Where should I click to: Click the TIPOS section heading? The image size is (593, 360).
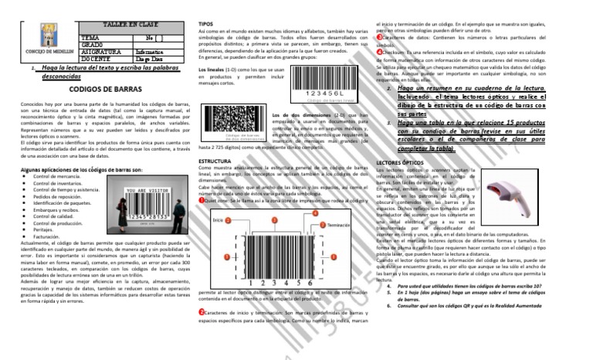(x=207, y=25)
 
